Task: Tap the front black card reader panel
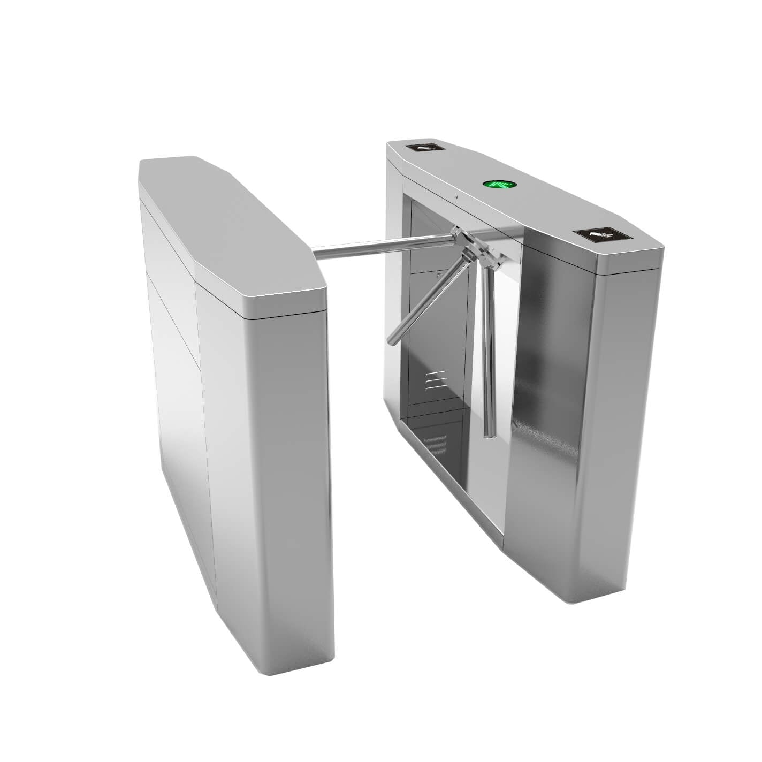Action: pos(601,235)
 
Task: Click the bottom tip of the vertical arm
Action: pos(487,435)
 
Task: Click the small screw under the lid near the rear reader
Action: pos(455,196)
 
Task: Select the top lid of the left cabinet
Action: pos(230,225)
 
